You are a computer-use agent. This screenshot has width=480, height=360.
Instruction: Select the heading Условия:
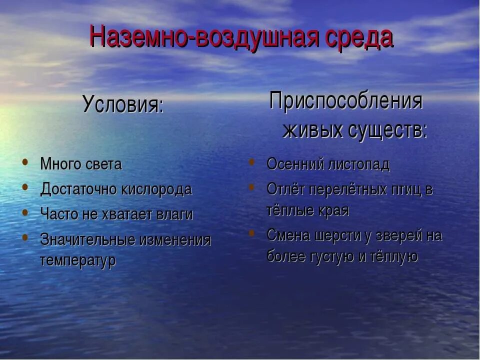tap(123, 104)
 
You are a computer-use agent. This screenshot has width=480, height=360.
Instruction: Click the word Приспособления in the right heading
tap(346, 101)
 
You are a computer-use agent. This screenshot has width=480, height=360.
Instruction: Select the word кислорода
tap(156, 189)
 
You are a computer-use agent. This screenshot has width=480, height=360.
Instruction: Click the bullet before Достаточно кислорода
tap(25, 187)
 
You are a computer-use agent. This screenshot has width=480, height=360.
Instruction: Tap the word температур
tap(77, 260)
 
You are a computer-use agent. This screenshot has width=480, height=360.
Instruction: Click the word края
tap(333, 210)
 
